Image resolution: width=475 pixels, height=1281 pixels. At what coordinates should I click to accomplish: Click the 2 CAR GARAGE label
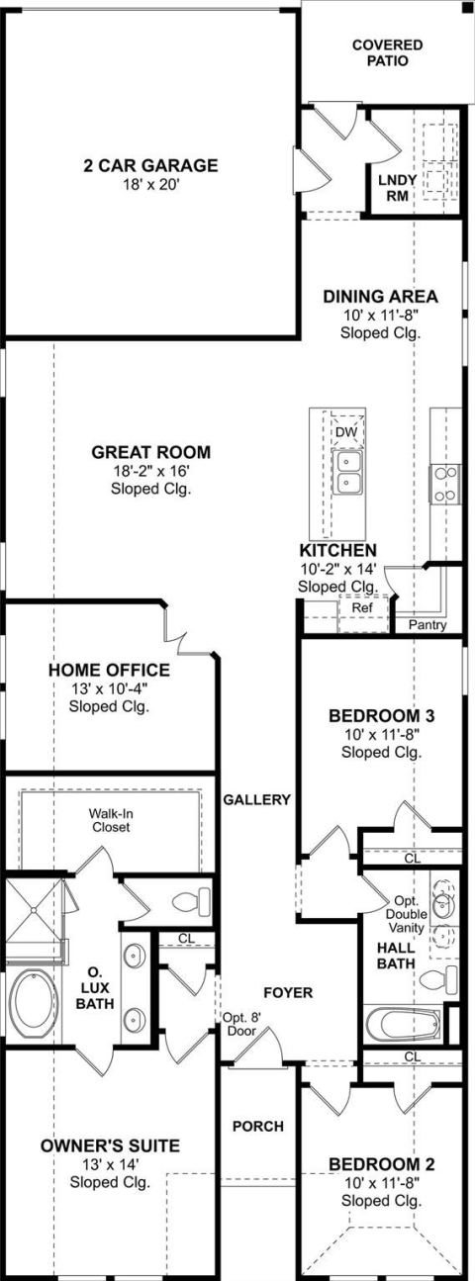(x=150, y=166)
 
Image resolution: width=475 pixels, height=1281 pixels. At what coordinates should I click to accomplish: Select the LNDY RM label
(x=397, y=188)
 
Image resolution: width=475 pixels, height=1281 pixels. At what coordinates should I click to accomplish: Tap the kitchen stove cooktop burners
(x=445, y=484)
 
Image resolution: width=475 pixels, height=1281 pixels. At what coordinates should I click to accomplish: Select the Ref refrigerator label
(x=361, y=607)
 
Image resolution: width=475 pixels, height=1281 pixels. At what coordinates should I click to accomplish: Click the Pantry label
(x=427, y=625)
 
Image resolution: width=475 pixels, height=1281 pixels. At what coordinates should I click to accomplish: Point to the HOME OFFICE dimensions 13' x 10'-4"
(x=109, y=687)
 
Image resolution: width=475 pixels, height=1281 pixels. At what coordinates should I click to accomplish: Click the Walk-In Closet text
(x=111, y=820)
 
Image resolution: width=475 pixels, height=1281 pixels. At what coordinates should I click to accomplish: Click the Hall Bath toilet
(x=439, y=980)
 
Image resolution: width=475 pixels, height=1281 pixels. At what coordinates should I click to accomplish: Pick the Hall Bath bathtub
(x=404, y=1023)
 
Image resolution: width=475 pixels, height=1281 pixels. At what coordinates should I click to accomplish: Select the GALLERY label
(x=257, y=799)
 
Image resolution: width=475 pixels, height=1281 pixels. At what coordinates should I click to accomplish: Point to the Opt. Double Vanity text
(x=407, y=914)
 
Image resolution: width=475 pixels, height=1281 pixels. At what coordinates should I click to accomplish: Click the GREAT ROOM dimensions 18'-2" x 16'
(x=150, y=471)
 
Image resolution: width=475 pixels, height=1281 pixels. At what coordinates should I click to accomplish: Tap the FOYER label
(x=288, y=992)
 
